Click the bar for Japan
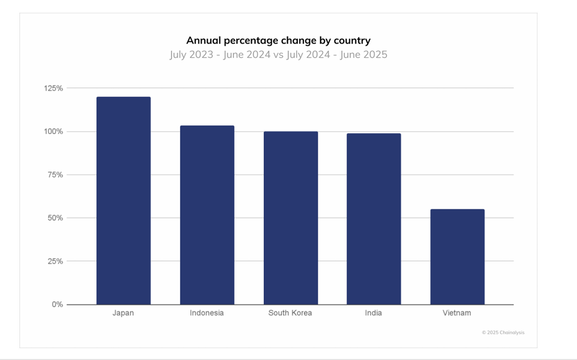pyautogui.click(x=123, y=201)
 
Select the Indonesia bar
pyautogui.click(x=207, y=215)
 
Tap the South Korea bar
pyautogui.click(x=290, y=218)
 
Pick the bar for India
pyautogui.click(x=373, y=219)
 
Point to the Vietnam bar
pyautogui.click(x=457, y=257)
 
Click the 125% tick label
pyautogui.click(x=53, y=88)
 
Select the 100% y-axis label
pyautogui.click(x=53, y=132)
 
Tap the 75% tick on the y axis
pyautogui.click(x=55, y=175)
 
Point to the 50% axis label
pyautogui.click(x=55, y=218)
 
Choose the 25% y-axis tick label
pyautogui.click(x=55, y=261)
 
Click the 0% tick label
pyautogui.click(x=57, y=304)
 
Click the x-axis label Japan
pyautogui.click(x=123, y=313)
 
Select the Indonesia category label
pyautogui.click(x=207, y=313)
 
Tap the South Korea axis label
pyautogui.click(x=290, y=313)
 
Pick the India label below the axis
pyautogui.click(x=373, y=313)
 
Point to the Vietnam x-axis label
pyautogui.click(x=457, y=313)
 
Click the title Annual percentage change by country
pyautogui.click(x=278, y=40)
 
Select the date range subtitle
pyautogui.click(x=278, y=55)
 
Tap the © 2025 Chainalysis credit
pyautogui.click(x=503, y=333)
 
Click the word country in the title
pyautogui.click(x=352, y=41)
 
